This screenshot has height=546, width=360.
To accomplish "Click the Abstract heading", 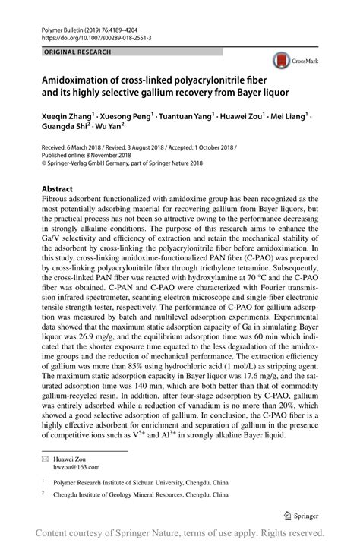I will tap(57, 188).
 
